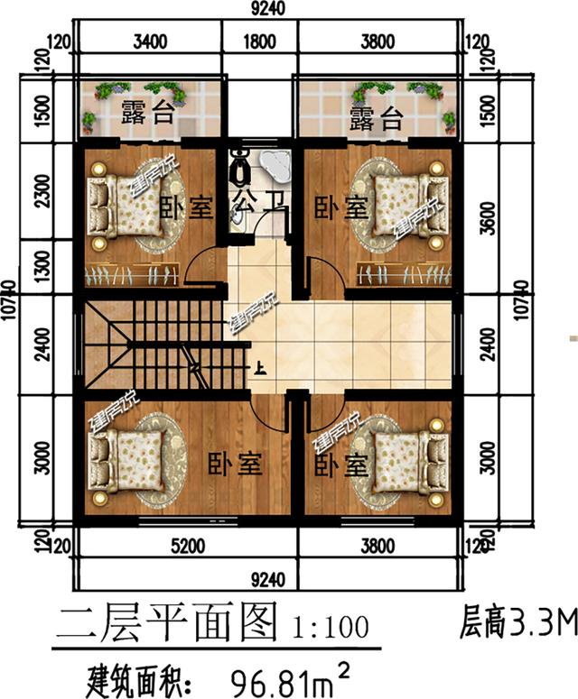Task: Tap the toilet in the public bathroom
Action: click(x=241, y=165)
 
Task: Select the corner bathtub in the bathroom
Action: click(x=275, y=164)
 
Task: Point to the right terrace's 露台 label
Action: click(x=376, y=117)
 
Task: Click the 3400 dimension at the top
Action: click(x=150, y=41)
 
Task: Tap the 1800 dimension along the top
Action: click(x=260, y=41)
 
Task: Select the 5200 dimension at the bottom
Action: click(x=188, y=546)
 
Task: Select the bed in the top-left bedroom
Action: click(x=118, y=205)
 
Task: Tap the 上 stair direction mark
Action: click(x=260, y=367)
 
